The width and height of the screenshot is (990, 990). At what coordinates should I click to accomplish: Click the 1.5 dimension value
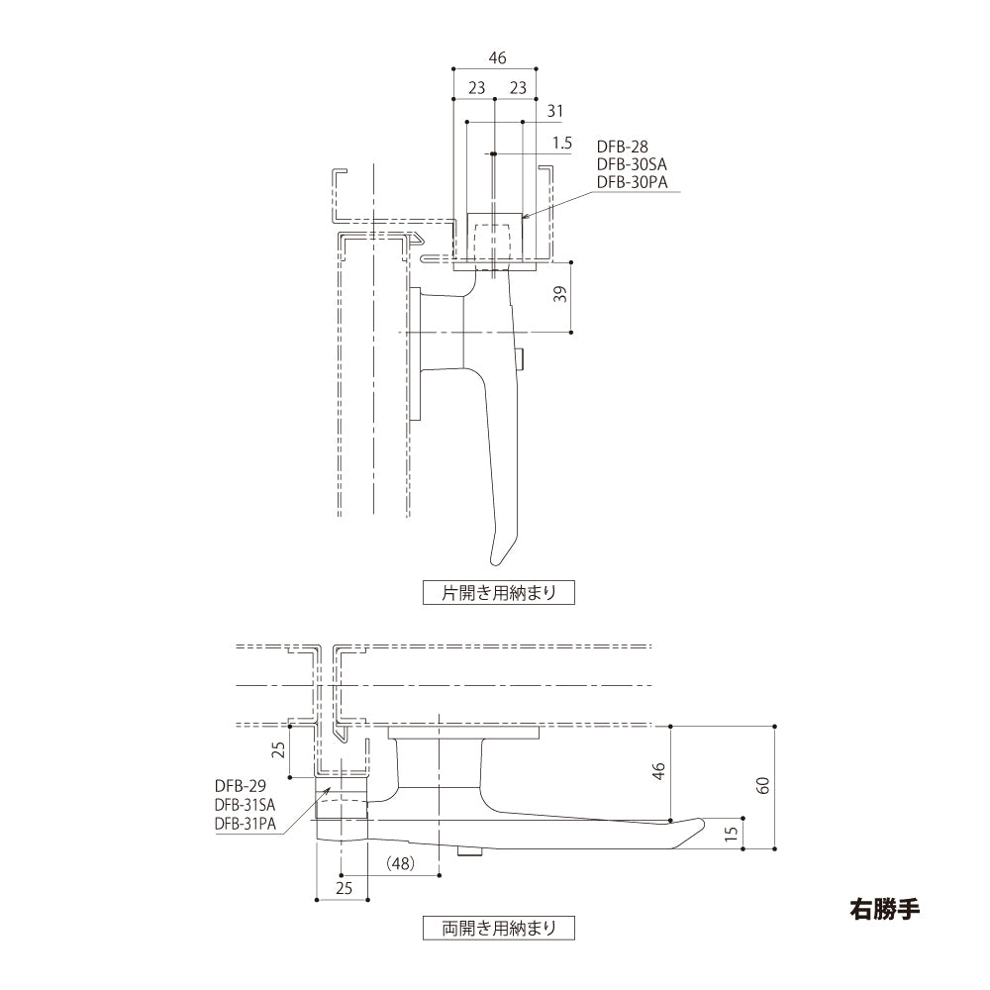(x=562, y=143)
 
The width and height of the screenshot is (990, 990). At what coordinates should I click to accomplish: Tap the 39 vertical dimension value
(x=561, y=295)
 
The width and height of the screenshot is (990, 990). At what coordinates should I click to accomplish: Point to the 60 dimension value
(x=762, y=786)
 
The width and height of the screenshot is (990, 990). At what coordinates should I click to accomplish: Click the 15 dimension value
(x=732, y=834)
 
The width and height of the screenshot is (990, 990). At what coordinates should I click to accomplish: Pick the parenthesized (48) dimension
(x=400, y=863)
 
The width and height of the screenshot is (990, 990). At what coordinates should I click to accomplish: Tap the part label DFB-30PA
(x=632, y=182)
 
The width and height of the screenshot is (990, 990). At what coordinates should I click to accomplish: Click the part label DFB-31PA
(x=245, y=823)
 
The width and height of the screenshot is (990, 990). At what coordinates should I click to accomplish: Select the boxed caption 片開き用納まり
(x=498, y=593)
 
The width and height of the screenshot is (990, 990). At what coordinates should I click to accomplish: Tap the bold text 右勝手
(x=885, y=908)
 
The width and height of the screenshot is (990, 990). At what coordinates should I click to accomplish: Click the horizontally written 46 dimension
(x=494, y=57)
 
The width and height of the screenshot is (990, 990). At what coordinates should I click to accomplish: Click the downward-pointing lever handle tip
(x=494, y=556)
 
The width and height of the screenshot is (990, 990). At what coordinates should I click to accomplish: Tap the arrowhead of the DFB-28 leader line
(x=523, y=217)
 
